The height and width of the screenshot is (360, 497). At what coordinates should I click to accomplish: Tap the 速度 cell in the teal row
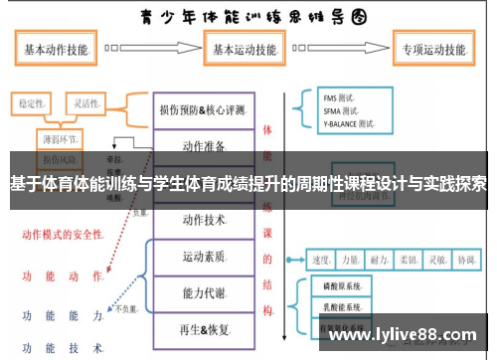(x=322, y=260)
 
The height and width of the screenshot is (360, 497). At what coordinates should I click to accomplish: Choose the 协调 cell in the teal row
(x=465, y=260)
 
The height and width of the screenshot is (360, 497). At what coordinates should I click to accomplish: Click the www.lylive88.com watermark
(x=408, y=335)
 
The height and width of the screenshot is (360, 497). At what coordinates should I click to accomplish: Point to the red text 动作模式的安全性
(x=62, y=235)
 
